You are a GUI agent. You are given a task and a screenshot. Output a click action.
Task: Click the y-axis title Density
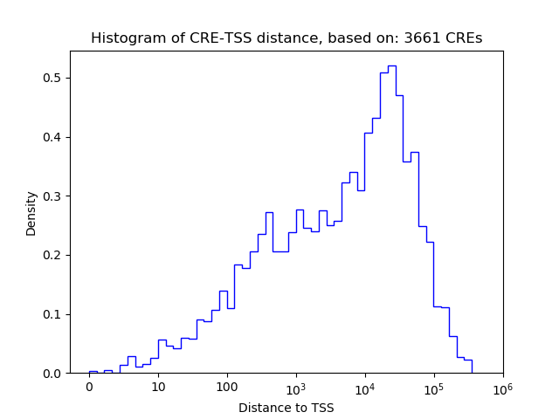[31, 214]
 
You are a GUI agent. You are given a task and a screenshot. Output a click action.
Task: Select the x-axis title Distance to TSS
[286, 408]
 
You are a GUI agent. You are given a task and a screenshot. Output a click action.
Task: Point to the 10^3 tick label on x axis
[296, 387]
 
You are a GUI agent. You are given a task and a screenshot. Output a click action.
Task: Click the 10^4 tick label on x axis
[365, 387]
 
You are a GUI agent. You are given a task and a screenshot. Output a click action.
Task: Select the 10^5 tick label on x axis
[434, 387]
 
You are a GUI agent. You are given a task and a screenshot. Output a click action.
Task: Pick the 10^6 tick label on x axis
[503, 387]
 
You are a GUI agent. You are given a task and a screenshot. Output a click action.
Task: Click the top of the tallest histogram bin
[391, 65]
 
